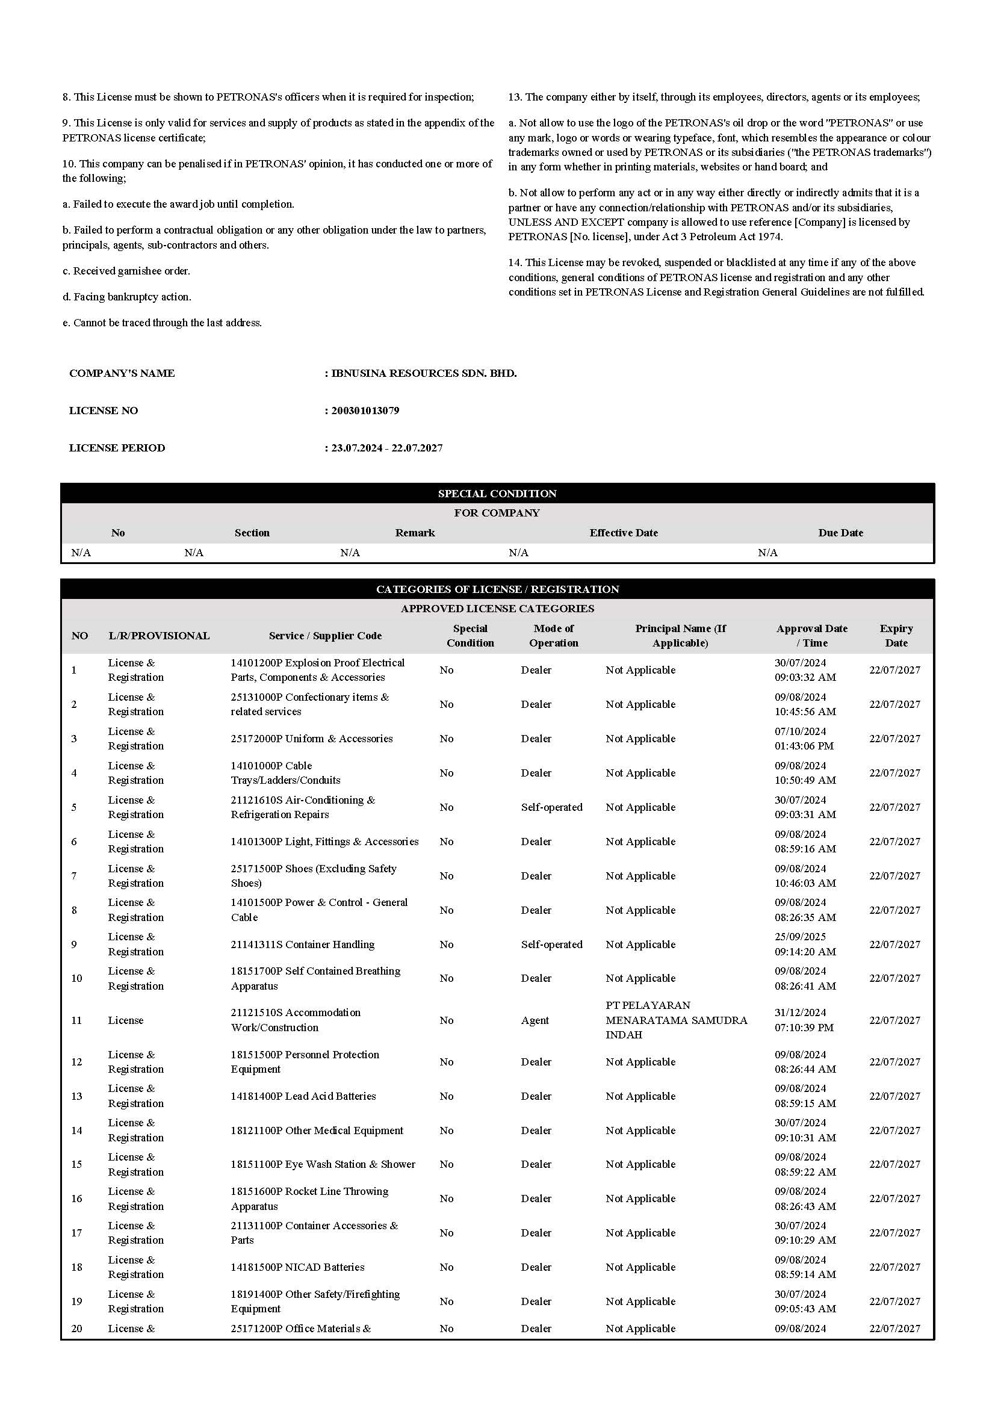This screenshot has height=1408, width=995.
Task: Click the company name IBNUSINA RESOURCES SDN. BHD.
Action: [424, 373]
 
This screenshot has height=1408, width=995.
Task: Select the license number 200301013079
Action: [365, 411]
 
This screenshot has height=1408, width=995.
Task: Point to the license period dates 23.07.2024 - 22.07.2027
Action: [387, 448]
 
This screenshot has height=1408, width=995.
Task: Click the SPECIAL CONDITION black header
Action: [497, 494]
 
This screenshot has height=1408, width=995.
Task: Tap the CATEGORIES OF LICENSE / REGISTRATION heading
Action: [497, 589]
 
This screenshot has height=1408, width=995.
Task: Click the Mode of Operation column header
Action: [554, 636]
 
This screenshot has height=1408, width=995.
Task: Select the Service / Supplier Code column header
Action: [325, 636]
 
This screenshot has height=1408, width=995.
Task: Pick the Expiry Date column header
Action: [896, 636]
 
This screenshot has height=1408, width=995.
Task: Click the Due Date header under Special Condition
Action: [840, 533]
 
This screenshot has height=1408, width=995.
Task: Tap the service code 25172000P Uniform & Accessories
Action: [311, 739]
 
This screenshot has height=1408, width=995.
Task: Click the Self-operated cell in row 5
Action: [552, 808]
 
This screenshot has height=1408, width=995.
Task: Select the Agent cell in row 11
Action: [535, 1020]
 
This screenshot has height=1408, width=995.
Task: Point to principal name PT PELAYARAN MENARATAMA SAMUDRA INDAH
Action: [676, 1020]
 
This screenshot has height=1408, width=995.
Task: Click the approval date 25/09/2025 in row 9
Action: [800, 937]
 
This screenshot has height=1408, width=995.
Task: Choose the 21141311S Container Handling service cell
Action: [302, 944]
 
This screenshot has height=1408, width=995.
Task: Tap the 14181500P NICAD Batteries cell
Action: [297, 1267]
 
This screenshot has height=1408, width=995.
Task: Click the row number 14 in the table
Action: [76, 1130]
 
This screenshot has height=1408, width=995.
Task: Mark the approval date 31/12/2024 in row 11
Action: [800, 1013]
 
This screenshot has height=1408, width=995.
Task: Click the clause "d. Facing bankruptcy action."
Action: [127, 297]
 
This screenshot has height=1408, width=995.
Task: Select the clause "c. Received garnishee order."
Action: [126, 271]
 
